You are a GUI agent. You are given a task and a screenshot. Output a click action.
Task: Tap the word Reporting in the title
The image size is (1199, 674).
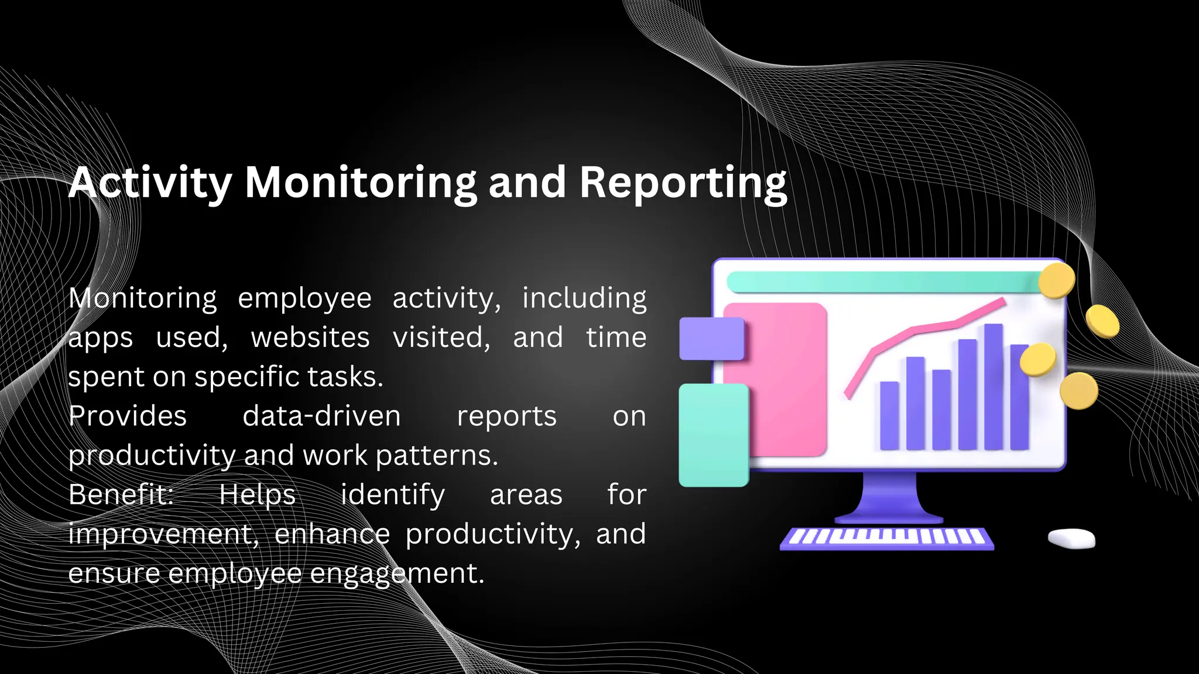(683, 183)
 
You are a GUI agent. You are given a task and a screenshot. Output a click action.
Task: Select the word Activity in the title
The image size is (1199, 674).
(150, 183)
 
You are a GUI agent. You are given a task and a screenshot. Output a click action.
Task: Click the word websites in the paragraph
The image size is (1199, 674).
(310, 338)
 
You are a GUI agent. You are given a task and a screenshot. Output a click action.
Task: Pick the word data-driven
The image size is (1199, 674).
(321, 416)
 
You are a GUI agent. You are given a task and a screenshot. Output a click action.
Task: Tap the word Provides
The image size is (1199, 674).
(128, 416)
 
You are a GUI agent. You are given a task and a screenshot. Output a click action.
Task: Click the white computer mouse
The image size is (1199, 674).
(1071, 538)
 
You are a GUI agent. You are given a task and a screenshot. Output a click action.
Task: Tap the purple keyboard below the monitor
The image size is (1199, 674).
(886, 538)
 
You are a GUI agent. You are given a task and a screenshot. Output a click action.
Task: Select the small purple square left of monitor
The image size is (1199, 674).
(711, 339)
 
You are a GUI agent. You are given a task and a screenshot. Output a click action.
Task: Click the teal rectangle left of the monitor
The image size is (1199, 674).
(714, 435)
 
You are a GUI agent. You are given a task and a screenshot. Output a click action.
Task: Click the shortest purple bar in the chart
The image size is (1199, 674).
(889, 415)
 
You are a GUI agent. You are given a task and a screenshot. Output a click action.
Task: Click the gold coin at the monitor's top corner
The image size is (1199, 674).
(1056, 280)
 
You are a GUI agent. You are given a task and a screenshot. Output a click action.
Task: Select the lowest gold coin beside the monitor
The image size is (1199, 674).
(1078, 391)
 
